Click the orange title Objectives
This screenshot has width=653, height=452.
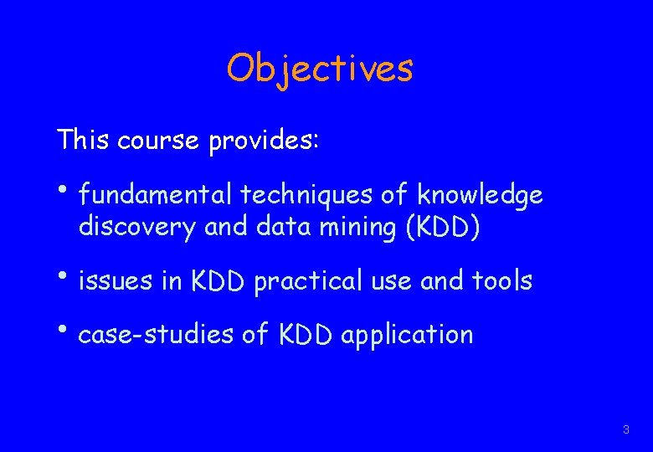click(x=319, y=69)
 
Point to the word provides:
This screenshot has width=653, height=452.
click(x=264, y=141)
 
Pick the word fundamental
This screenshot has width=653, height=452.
click(x=155, y=196)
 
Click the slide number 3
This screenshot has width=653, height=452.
click(x=625, y=429)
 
